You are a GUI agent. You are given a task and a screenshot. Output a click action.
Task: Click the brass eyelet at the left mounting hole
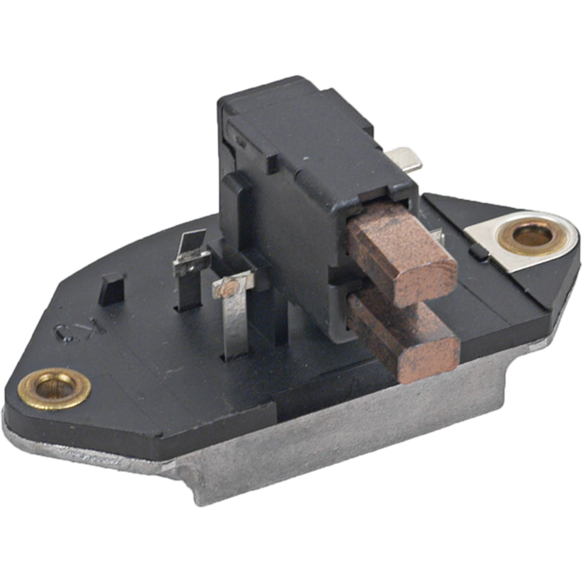(54, 389)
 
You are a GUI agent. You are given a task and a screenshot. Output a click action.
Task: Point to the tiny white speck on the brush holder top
(306, 157)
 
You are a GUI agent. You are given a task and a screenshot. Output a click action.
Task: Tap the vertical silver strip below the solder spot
(237, 325)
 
